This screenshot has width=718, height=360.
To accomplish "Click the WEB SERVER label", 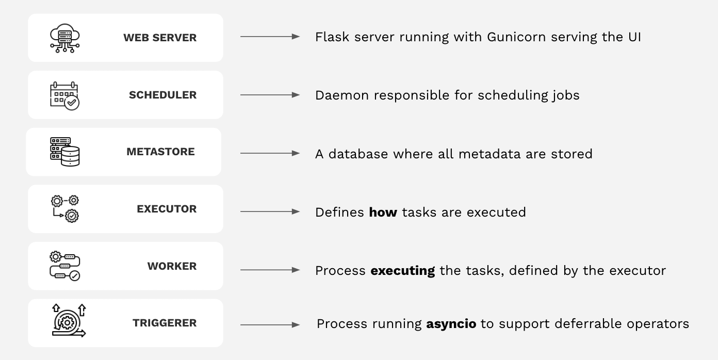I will (x=160, y=38).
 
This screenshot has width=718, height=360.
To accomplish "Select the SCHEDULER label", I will (x=162, y=95).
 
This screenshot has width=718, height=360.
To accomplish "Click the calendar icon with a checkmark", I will (x=65, y=95).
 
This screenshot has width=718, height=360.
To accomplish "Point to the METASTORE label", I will (x=160, y=152).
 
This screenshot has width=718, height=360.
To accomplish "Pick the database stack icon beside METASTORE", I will (x=65, y=152).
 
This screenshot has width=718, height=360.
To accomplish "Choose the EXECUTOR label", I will (x=167, y=209).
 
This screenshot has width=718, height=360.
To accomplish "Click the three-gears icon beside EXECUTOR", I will (x=65, y=208).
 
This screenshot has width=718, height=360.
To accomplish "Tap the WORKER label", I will (x=172, y=266).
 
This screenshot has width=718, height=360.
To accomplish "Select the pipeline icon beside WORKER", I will (x=65, y=266).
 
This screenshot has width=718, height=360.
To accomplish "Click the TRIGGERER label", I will (x=165, y=323).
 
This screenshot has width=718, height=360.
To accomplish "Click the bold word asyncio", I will (x=451, y=324).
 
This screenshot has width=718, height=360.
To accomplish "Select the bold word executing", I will (x=402, y=271).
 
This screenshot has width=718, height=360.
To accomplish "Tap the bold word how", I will (x=383, y=212).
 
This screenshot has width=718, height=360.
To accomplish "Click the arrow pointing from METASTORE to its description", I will (x=270, y=153).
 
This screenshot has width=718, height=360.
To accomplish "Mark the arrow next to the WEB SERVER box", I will (x=270, y=37).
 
